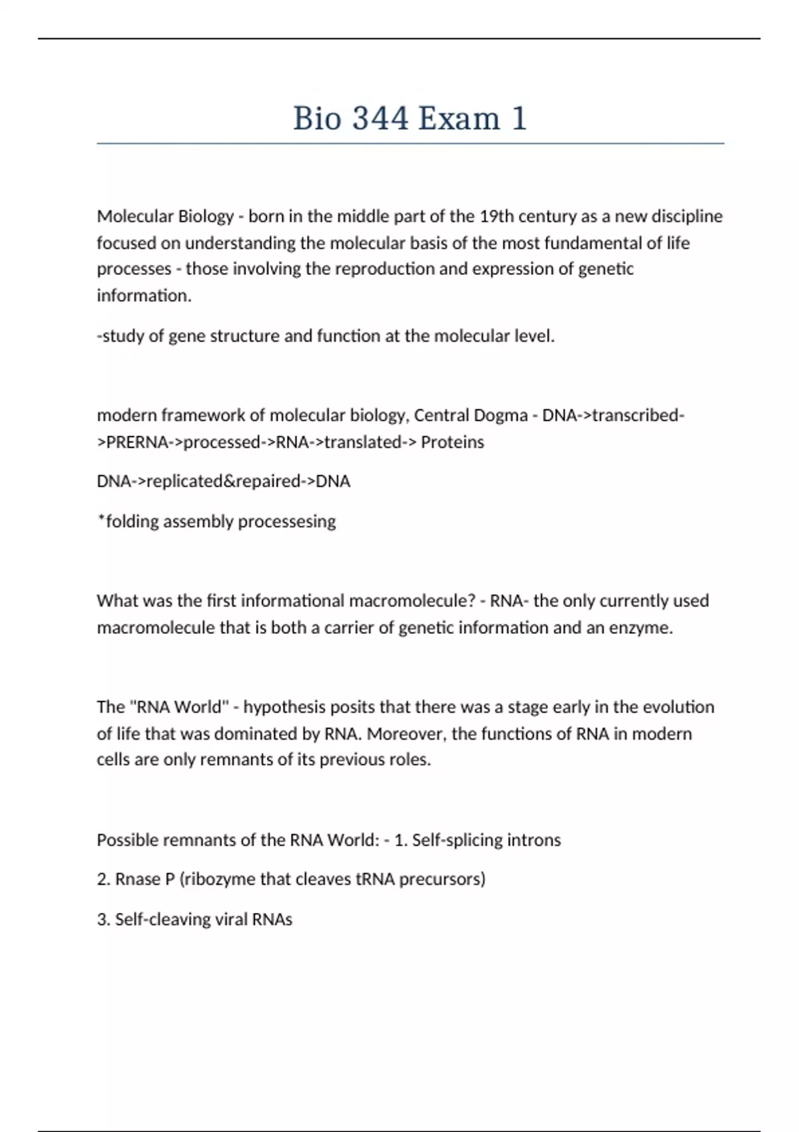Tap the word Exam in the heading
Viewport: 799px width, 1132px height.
click(459, 119)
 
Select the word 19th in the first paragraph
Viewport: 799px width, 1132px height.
click(496, 216)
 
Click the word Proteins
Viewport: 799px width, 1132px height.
click(452, 442)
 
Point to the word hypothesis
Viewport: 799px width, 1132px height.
click(284, 707)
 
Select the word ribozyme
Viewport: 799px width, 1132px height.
click(218, 880)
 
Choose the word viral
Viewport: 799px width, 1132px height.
click(231, 920)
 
